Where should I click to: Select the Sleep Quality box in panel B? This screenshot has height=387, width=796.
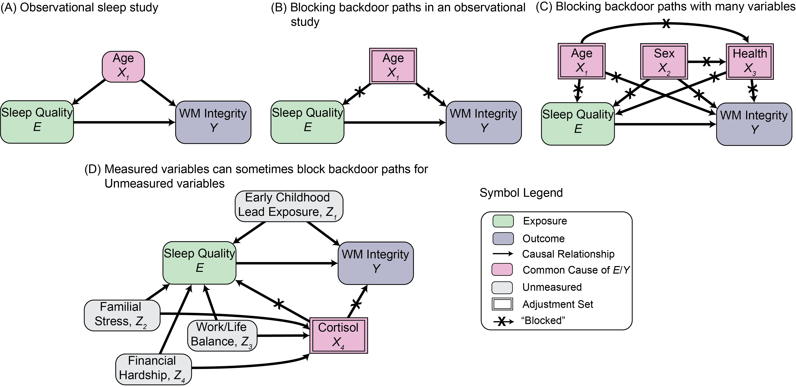coord(307,122)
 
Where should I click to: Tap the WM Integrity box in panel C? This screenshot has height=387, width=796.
coord(754,124)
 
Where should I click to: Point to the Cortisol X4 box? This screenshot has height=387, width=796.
coord(339,335)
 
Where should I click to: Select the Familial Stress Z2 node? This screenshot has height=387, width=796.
coord(122,315)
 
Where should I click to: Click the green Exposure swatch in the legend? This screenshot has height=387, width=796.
coord(503,221)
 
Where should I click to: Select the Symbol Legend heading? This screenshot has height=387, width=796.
coord(521,193)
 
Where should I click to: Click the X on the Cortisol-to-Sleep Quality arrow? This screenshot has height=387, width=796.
coord(279,304)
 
